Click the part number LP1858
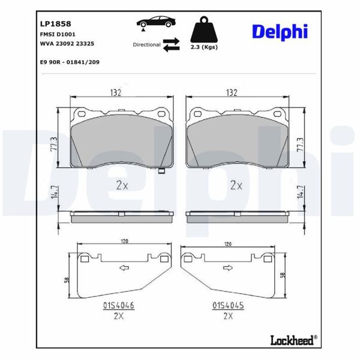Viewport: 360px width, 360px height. click(x=55, y=24)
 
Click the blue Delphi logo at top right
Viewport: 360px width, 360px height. click(x=280, y=32)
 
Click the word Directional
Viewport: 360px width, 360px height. click(x=146, y=44)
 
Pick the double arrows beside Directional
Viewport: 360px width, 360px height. click(x=172, y=44)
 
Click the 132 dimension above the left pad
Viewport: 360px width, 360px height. click(x=115, y=92)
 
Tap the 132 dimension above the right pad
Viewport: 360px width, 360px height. click(x=231, y=92)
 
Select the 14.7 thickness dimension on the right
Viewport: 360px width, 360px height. click(x=300, y=193)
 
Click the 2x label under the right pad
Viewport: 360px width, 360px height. click(x=236, y=185)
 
